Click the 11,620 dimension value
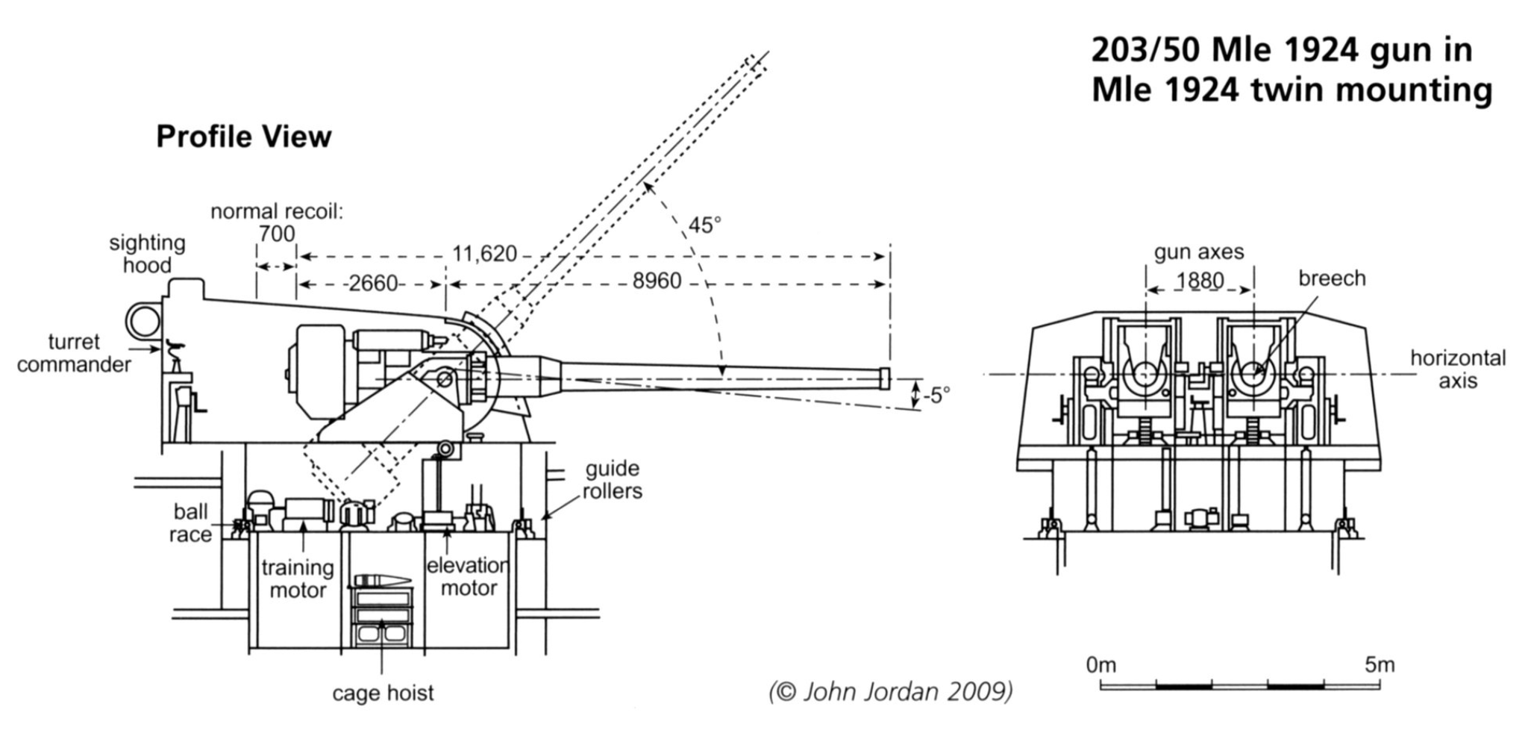coord(484,255)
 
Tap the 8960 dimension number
coord(657,281)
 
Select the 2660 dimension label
coord(373,283)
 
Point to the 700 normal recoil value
coord(277,234)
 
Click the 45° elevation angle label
coord(704,225)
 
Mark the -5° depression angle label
coord(936,395)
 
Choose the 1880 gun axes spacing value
coord(1200,281)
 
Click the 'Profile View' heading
coord(243,137)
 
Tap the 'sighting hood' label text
coord(147,254)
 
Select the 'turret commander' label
coord(74,353)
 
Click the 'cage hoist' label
coord(383,693)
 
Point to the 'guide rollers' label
coord(612,480)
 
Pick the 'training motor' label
coord(298,578)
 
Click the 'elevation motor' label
coord(468,576)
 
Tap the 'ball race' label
coord(190,523)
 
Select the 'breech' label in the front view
coord(1332,278)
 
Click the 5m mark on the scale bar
coord(1380,664)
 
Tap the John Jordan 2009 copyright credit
coord(891,692)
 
